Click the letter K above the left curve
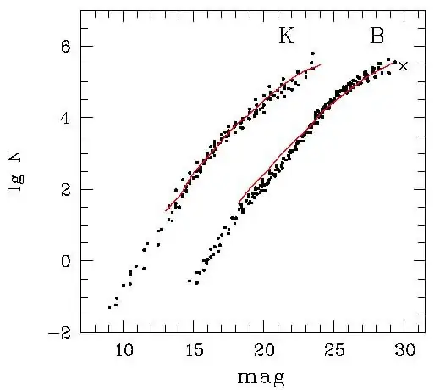(x=287, y=36)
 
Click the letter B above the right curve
(x=377, y=36)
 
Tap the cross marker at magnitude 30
(x=404, y=66)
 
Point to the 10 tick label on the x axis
(x=123, y=349)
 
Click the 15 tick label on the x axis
(x=193, y=349)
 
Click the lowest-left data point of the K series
(x=110, y=308)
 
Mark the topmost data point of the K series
(x=312, y=53)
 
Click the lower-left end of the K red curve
(x=166, y=210)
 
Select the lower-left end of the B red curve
(x=239, y=202)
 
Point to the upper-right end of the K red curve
(x=321, y=64)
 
